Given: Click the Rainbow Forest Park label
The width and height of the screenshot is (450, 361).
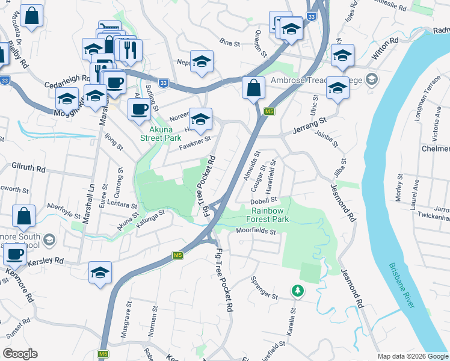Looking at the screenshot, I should (270, 215).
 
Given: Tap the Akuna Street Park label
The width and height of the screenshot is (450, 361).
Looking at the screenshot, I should (161, 133).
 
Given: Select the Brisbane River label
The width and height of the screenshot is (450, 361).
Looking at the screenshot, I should (402, 286).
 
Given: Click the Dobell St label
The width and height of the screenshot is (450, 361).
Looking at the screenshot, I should (263, 200).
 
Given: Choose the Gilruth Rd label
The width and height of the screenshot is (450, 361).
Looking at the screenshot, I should (29, 169).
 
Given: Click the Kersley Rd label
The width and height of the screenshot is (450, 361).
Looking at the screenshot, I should (51, 261).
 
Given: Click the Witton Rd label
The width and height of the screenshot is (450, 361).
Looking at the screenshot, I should (386, 46).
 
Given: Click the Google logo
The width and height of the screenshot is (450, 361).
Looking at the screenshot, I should (20, 353).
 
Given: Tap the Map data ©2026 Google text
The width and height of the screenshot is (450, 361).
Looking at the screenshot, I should (413, 356).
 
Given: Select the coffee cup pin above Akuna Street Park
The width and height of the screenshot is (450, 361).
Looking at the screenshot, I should (140, 109).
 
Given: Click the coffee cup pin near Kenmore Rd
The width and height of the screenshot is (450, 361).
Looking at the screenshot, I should (15, 255).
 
